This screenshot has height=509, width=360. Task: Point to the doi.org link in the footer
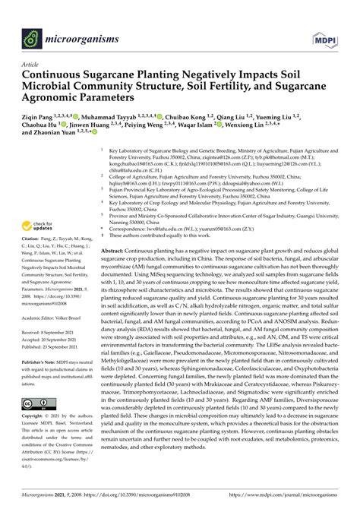pos(145,498)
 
